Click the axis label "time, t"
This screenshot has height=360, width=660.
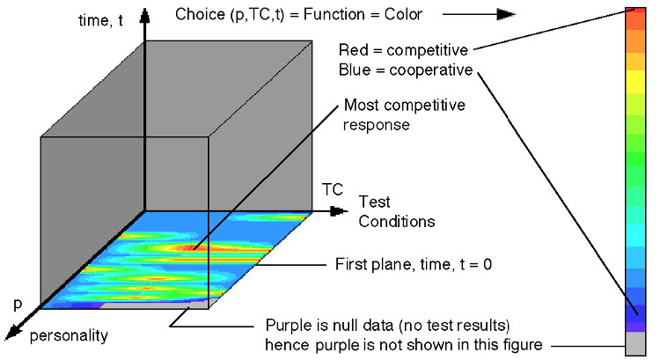pos(100,19)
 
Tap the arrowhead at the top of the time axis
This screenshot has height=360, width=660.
pos(145,16)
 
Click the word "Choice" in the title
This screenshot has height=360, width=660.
pos(200,14)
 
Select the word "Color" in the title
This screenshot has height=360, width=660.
pos(403,14)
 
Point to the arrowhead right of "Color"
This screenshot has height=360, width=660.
pos(506,14)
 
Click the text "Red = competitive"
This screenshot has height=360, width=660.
pos(403,50)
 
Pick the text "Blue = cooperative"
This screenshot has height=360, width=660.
pos(406,70)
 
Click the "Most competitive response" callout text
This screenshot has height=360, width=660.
pos(404,114)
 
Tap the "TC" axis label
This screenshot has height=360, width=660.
pos(332,189)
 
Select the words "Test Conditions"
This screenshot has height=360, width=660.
pos(397,211)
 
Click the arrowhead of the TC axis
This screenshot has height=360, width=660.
pos(340,211)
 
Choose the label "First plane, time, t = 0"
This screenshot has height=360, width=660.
pos(414,264)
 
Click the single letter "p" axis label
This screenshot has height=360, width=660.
pos(18,304)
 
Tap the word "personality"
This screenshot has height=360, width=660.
pos(69,335)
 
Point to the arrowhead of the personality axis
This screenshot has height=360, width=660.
pos(12,332)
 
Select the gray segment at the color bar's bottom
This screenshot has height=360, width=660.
pos(635,343)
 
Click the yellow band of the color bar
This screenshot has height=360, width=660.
pos(635,82)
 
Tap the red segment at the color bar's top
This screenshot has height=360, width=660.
pos(635,18)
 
